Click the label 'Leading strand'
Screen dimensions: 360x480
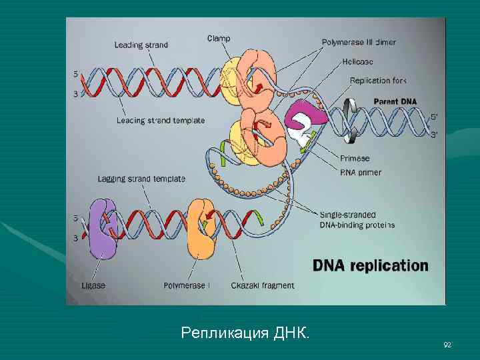tap(141, 45)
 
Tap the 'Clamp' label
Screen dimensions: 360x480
tap(219, 39)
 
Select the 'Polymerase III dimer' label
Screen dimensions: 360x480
tap(358, 42)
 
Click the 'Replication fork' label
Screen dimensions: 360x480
tap(378, 81)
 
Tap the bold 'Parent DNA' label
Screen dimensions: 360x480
tap(395, 101)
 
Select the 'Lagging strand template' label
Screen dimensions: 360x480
tap(141, 179)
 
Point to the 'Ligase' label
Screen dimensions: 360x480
tap(93, 285)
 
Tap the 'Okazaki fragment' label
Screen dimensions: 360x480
tap(263, 285)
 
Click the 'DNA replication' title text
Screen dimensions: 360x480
tap(371, 265)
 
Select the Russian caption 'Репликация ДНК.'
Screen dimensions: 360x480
tap(245, 332)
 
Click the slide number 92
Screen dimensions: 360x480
tap(447, 344)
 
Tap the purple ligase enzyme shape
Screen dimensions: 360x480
tap(103, 229)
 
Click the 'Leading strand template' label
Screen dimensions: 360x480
tap(160, 121)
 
